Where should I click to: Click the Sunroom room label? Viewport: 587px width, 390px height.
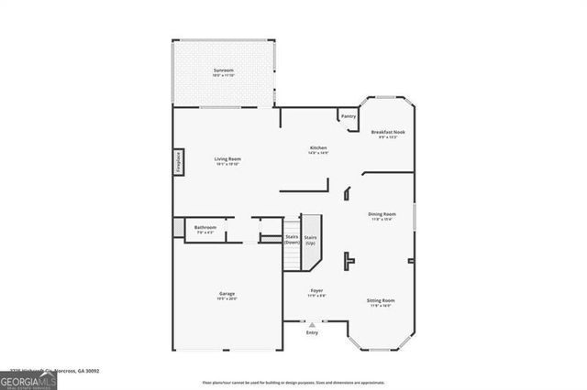pos(223,70)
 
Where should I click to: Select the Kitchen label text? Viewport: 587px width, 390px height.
pos(318,147)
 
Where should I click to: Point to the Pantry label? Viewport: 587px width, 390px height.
pos(349,116)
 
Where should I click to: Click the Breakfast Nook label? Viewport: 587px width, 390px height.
pos(388,133)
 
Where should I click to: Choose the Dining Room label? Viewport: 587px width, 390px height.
pos(382,213)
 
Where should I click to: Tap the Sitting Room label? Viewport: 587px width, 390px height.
pos(382,300)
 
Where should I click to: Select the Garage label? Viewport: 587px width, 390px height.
pos(227,294)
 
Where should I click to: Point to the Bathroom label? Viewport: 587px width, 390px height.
pos(205,227)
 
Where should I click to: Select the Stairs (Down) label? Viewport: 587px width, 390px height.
pos(292,240)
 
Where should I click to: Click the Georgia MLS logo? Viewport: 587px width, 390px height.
pos(28,380)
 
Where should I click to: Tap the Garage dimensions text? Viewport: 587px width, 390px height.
pos(227,298)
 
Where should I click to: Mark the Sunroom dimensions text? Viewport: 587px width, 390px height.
pos(223,75)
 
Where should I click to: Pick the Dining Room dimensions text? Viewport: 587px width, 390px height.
pos(382,219)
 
